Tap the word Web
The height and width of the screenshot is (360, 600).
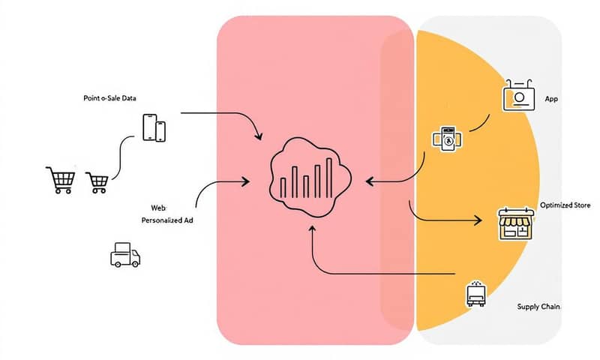[x=159, y=207]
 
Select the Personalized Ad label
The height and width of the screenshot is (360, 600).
[x=167, y=221]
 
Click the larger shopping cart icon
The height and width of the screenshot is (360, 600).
[x=61, y=178]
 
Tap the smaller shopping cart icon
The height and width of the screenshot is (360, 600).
[x=97, y=181]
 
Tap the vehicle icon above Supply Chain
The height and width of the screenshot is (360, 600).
[x=475, y=293]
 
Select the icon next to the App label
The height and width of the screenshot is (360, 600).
[x=518, y=97]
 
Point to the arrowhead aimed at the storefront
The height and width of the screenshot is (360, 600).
[x=477, y=221]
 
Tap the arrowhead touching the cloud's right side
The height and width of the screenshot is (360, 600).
[x=370, y=181]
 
